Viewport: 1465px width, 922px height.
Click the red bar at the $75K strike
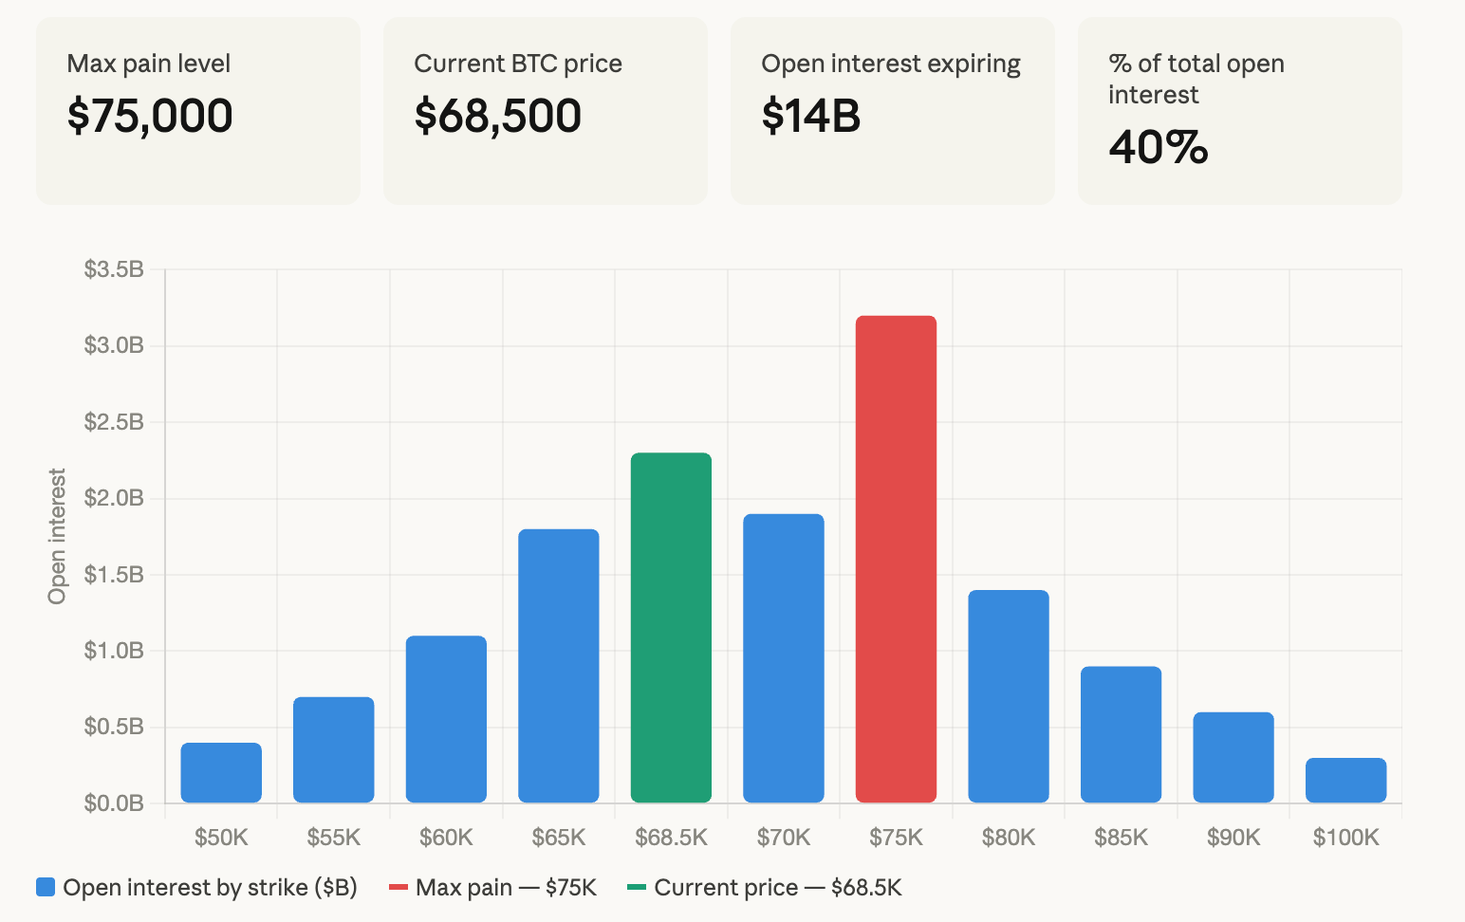(896, 560)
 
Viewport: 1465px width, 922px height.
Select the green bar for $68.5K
(671, 628)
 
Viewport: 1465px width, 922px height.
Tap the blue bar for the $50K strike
(221, 772)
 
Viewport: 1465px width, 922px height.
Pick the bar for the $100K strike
(1345, 780)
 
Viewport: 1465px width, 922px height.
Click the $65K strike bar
(559, 666)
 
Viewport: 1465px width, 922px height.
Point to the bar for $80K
(1009, 696)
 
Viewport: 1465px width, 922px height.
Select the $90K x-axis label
(1233, 838)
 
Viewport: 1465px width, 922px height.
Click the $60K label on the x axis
(446, 838)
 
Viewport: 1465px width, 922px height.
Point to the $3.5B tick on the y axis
(114, 269)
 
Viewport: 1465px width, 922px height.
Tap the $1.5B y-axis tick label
(114, 575)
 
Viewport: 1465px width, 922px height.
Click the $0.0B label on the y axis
(114, 803)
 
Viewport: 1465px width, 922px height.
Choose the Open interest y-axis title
(58, 536)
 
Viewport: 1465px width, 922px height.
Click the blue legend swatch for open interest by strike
(46, 888)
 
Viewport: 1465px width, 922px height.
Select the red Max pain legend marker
(399, 888)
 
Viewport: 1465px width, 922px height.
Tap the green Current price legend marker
(637, 888)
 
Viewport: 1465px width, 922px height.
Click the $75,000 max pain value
(150, 116)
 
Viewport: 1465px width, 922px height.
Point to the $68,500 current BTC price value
(497, 116)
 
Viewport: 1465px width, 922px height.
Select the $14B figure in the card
(811, 116)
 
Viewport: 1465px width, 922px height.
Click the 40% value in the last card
(1159, 147)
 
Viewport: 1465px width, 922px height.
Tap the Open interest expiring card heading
(891, 64)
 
